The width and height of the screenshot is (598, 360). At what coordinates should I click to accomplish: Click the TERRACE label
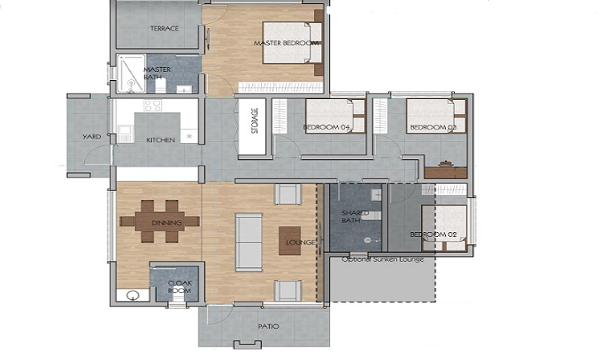164,29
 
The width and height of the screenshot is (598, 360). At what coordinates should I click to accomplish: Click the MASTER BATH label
157,74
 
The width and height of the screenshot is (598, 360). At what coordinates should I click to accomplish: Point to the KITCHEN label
160,140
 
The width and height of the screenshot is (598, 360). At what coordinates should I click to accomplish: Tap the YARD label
91,137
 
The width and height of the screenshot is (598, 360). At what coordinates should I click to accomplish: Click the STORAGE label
254,122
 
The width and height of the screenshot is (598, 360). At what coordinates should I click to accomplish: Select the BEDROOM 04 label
327,128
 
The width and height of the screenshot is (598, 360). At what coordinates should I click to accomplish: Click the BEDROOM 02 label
433,234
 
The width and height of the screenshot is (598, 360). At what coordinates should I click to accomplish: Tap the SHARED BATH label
355,217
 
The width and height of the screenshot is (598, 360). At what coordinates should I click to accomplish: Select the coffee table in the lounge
290,241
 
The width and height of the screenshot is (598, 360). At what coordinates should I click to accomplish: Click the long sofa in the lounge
248,242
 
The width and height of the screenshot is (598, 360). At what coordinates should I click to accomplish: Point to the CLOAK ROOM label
179,286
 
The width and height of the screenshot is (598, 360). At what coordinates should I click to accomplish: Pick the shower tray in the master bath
128,74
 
